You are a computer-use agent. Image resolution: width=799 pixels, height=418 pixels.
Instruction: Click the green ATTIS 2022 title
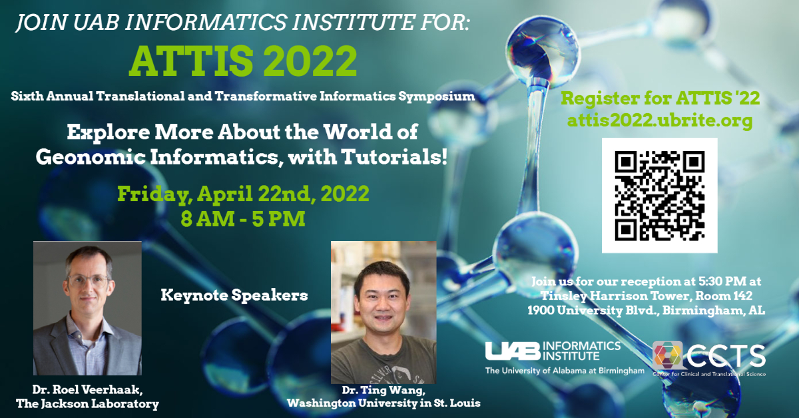pos(242,61)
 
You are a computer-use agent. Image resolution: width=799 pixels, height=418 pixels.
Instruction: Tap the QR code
pos(659,196)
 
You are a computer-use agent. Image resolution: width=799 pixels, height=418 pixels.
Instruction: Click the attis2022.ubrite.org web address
pos(659,121)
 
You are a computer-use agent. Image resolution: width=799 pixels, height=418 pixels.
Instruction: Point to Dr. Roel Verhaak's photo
pos(87,308)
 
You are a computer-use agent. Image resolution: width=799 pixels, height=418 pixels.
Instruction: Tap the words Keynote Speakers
pos(234,294)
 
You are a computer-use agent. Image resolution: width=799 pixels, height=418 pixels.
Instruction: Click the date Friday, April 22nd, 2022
pos(243,194)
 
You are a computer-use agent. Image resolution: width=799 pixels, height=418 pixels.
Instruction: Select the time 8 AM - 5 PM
pos(243,218)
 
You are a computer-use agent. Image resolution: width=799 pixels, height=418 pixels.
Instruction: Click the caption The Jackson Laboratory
pos(87,403)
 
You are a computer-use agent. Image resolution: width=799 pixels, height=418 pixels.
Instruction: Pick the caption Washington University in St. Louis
pos(384,403)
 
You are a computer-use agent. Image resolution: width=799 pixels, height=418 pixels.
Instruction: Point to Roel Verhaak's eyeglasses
pos(88,280)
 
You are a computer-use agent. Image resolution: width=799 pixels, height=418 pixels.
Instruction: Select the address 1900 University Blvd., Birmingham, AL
pos(646,310)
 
